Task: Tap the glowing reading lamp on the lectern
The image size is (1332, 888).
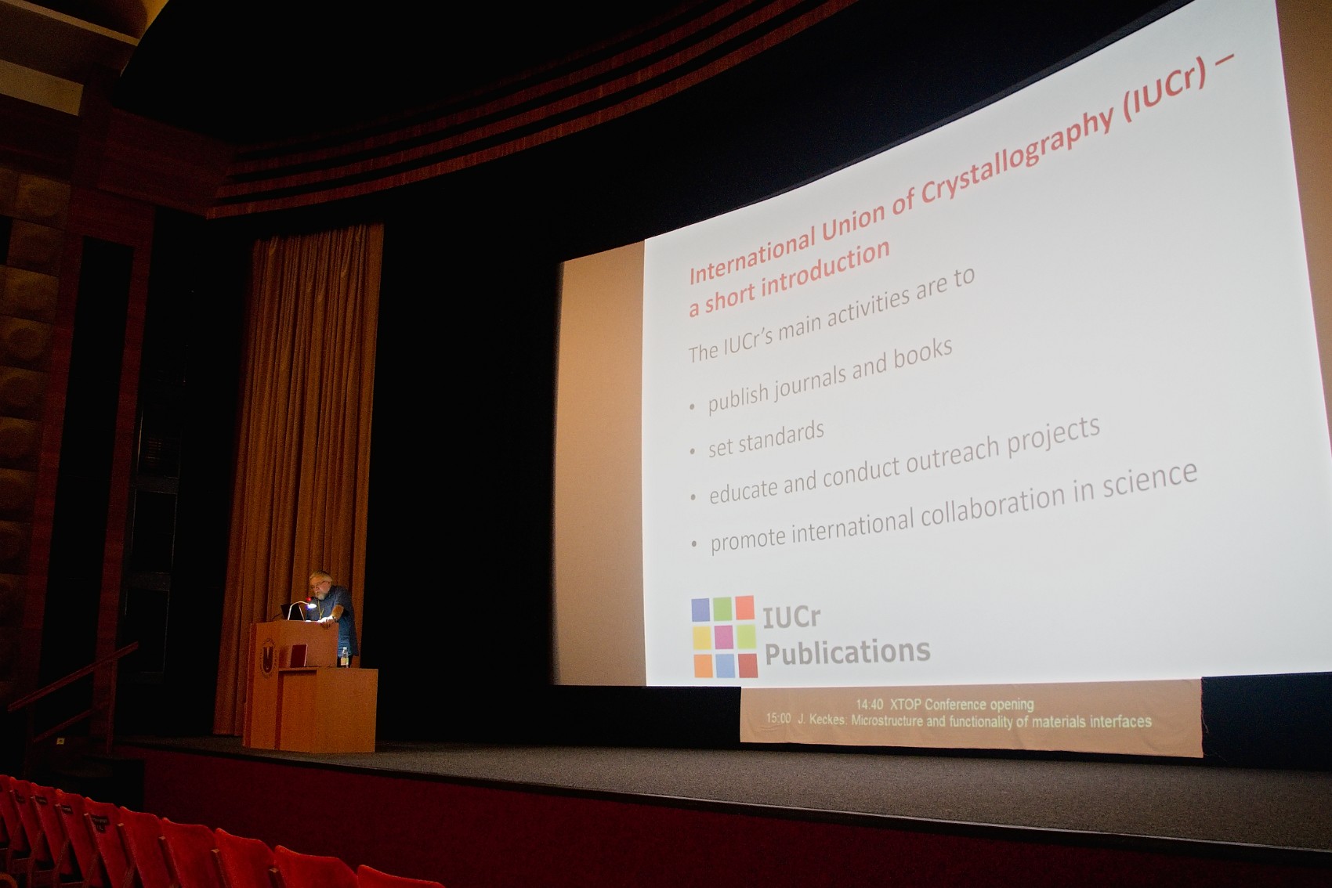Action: pos(310,605)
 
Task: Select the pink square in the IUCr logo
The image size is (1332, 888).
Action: pos(724,637)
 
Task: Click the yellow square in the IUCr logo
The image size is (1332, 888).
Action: pos(702,638)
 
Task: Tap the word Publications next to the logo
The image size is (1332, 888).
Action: pos(847,652)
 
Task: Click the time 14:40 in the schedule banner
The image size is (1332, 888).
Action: pos(870,705)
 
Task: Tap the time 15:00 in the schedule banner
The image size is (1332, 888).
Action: pos(778,719)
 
